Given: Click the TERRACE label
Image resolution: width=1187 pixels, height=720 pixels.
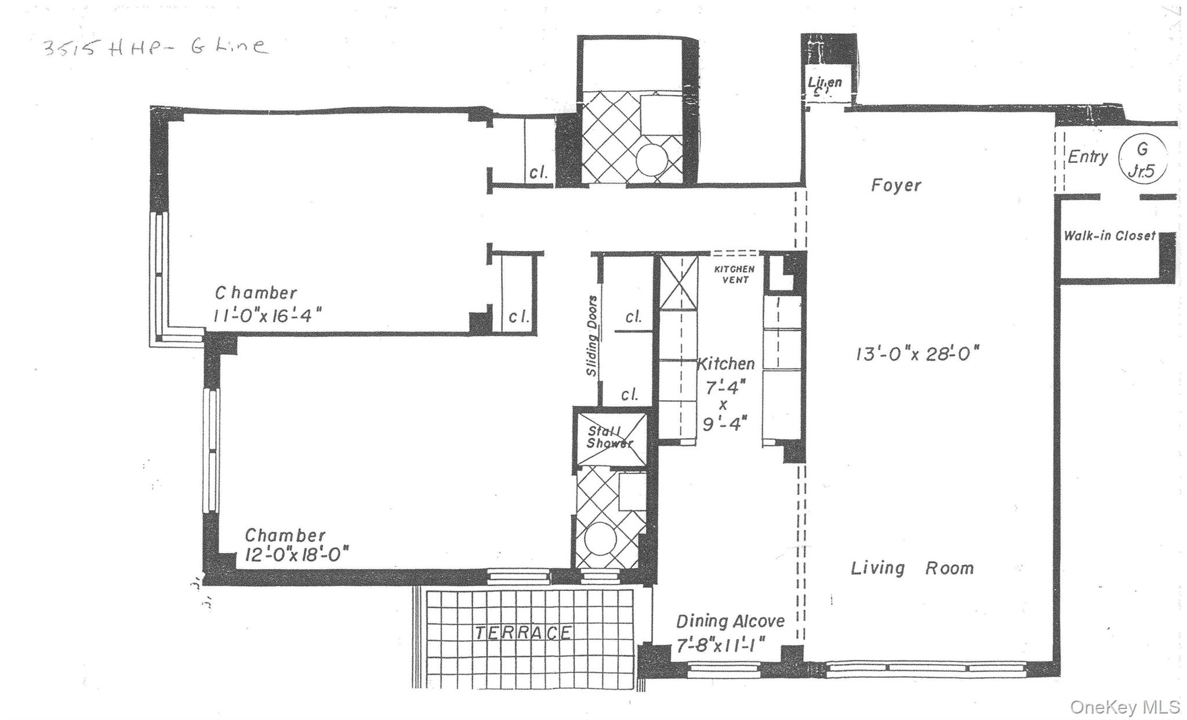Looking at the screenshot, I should tap(523, 632).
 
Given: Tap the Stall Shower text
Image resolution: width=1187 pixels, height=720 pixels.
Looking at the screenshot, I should tap(609, 438).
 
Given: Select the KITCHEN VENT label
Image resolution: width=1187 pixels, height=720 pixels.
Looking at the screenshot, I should tap(734, 274).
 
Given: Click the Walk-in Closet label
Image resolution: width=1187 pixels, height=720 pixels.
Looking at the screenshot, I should tap(1109, 236).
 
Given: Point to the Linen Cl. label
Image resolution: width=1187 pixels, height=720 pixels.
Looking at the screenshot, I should tap(825, 86).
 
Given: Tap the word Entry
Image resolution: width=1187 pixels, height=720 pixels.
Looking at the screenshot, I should tap(1088, 157).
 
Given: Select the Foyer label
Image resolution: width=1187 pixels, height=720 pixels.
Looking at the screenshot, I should tap(896, 186).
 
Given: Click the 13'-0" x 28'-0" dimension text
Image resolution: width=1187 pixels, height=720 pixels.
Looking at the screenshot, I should tap(917, 354).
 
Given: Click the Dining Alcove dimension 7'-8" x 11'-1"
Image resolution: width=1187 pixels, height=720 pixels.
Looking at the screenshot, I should tap(721, 645).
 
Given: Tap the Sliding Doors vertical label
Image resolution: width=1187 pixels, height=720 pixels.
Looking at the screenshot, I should tap(592, 336).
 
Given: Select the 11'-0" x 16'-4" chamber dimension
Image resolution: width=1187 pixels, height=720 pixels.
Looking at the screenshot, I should tap(267, 315).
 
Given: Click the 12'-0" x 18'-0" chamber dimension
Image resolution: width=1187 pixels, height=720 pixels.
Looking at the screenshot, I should tap(296, 555).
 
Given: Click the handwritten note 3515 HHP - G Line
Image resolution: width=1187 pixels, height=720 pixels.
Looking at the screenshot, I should tap(155, 46).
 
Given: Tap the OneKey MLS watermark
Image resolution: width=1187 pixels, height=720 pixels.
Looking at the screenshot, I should tap(1124, 707).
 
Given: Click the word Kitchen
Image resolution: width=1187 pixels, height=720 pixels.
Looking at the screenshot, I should tap(725, 364).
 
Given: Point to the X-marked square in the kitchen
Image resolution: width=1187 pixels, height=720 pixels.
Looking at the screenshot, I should tap(679, 282).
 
